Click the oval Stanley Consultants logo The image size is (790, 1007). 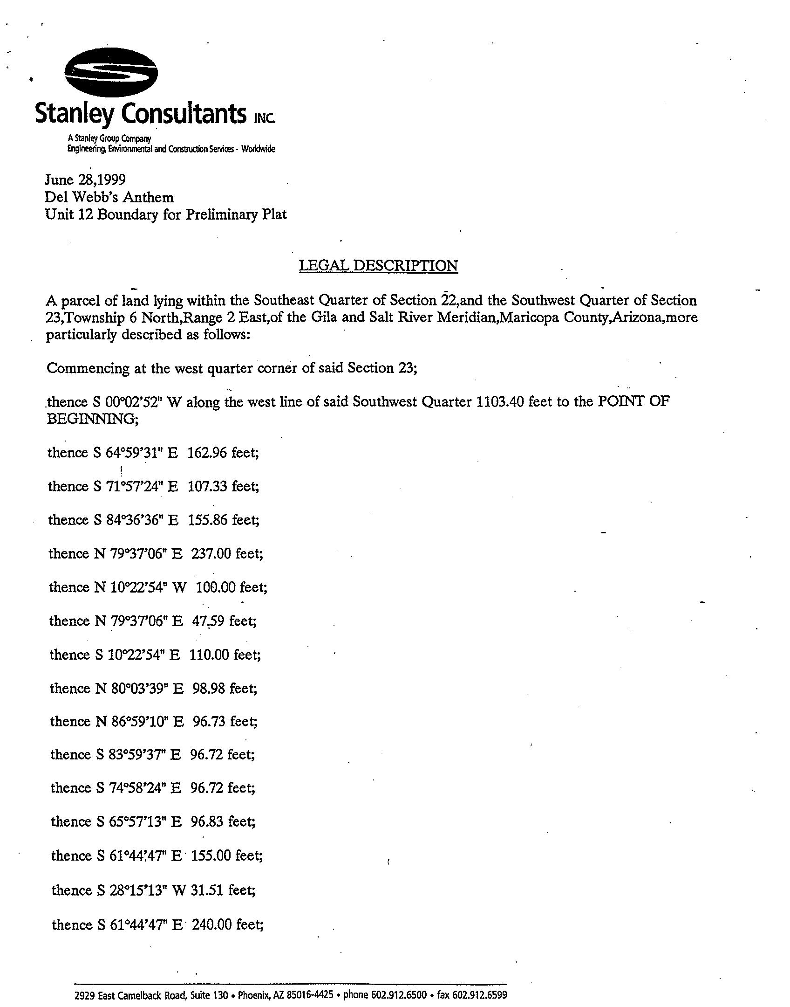coord(110,74)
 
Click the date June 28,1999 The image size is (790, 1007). coord(85,180)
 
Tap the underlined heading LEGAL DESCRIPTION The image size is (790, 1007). coord(378,266)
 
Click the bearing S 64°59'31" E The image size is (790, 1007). coord(136,453)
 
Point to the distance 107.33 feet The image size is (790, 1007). coord(223,486)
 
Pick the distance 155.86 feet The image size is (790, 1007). coord(224,520)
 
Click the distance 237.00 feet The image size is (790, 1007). coord(226,553)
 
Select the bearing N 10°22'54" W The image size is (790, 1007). coord(141,587)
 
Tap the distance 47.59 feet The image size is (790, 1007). coord(224,621)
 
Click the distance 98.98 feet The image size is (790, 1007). coord(225,688)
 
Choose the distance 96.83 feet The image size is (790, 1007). coord(223,821)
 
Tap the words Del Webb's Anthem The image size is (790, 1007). coord(109,197)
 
